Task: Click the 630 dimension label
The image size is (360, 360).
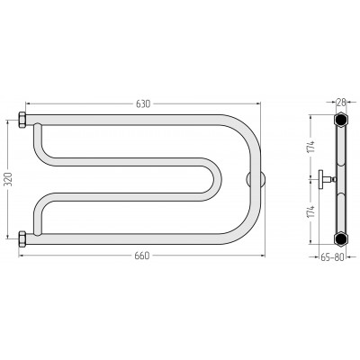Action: [143, 103]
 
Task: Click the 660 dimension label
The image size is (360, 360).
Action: [141, 256]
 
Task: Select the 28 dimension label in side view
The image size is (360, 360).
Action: [341, 103]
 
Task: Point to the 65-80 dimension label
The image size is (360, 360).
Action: [332, 257]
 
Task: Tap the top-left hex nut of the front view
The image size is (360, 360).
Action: [22, 120]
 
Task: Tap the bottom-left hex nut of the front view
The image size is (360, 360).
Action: [22, 238]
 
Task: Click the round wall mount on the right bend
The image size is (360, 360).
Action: [256, 179]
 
